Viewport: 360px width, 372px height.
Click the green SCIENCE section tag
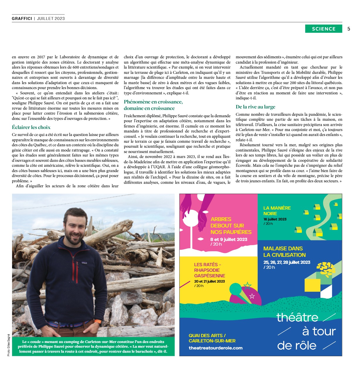point(323,29)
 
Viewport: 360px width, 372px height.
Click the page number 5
point(349,29)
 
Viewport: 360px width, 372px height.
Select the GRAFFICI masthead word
point(22,18)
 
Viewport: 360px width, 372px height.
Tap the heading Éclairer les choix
point(31,127)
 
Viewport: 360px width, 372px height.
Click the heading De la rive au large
point(255,107)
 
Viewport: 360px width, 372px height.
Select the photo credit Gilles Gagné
point(9,345)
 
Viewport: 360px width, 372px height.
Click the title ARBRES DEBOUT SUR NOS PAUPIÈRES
point(231,225)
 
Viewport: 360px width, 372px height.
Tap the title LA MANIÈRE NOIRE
point(277,210)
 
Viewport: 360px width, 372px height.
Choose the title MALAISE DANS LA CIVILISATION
point(284,252)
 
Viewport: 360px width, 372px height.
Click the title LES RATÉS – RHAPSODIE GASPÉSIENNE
point(209,270)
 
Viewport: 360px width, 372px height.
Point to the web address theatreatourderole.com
point(215,348)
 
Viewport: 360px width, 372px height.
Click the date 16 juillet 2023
point(275,219)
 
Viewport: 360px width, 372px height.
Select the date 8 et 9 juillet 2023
point(228,239)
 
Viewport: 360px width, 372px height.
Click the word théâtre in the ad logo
point(297,317)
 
